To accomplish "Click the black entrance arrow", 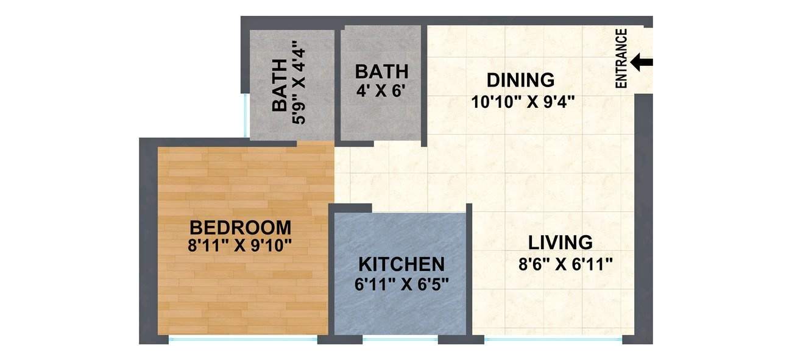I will pos(642,62).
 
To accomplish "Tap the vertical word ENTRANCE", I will pos(621,58).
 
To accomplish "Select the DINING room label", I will pos(521,80).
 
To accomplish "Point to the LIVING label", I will pos(560,242).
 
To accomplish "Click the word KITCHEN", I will pos(401,264).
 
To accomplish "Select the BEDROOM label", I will pos(241,228).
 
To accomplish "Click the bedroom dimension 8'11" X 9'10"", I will pos(241,246).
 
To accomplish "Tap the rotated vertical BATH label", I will pos(279,85).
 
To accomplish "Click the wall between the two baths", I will pos(338,83).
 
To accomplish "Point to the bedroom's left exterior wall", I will pos(148,241).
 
